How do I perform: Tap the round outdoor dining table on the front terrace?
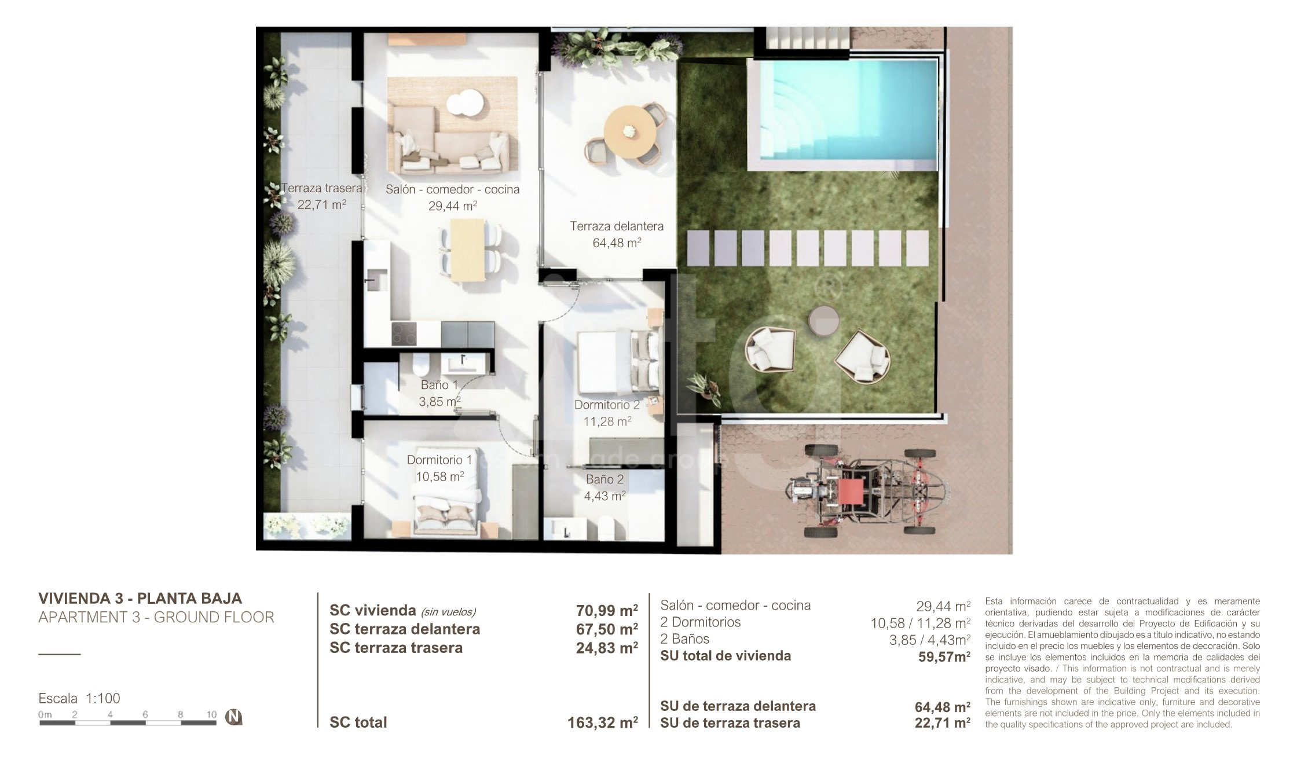coord(630,131)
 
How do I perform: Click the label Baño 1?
coord(439,385)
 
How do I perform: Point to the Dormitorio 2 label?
coord(607,405)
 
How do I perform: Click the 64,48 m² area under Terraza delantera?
coord(617,243)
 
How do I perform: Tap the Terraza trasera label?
coord(321,188)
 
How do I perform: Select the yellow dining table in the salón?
coord(467,250)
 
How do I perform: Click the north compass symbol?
coord(233,717)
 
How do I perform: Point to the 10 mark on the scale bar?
coord(211,714)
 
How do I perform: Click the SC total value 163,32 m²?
coord(603,722)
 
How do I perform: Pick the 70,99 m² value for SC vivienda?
coord(607,610)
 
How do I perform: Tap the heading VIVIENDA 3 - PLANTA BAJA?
coord(140,598)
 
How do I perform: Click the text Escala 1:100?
coord(79,698)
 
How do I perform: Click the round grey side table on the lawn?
coord(824,321)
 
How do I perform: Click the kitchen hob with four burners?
coord(404,334)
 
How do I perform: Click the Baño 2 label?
coord(604,479)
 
